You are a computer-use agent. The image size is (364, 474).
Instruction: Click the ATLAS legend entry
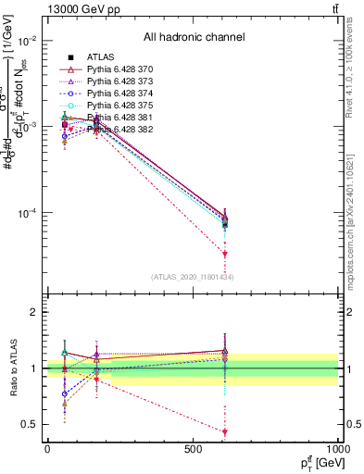[99, 56]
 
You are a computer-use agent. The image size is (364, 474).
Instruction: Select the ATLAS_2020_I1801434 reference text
[193, 277]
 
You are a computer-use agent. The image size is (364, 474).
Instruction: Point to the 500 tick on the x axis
[193, 448]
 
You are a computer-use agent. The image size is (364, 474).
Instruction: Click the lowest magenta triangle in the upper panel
[225, 253]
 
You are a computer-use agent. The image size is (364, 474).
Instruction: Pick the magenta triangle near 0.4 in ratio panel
[225, 431]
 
